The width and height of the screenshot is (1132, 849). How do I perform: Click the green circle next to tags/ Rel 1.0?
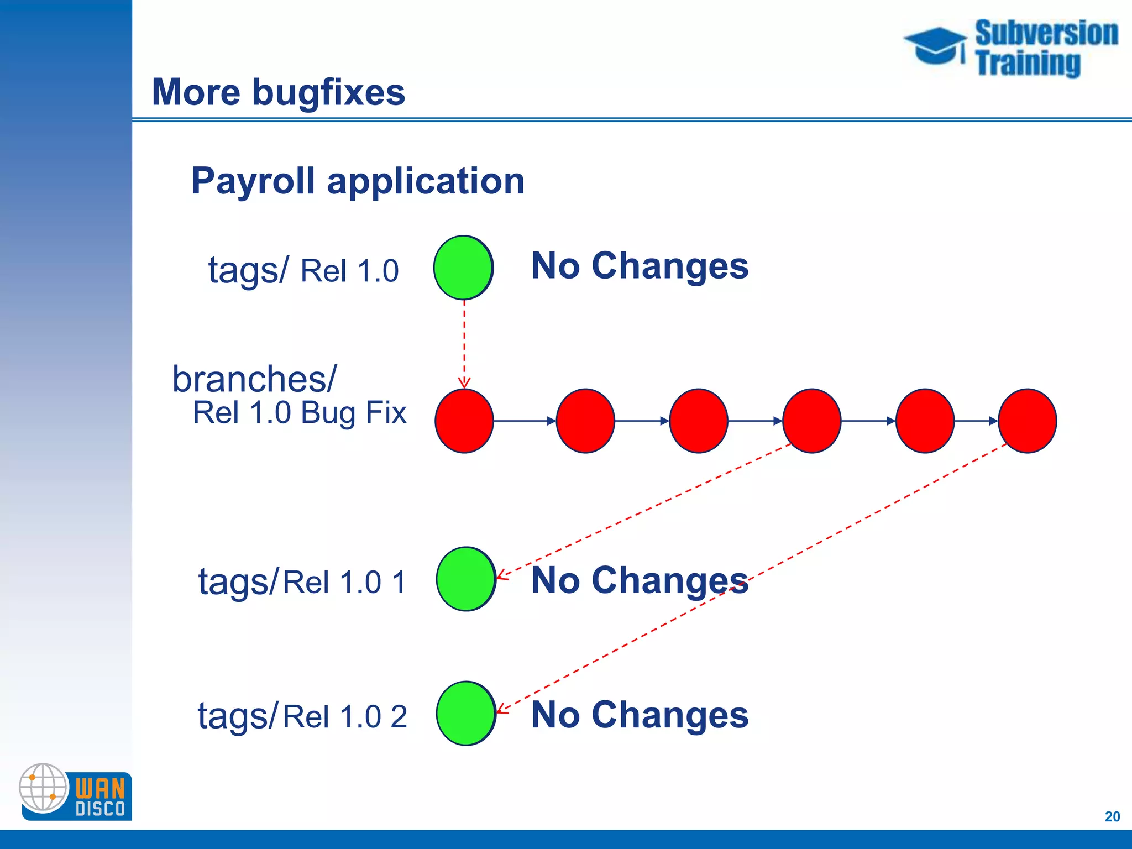[x=463, y=268]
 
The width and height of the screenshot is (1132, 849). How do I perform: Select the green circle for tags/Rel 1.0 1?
[x=465, y=579]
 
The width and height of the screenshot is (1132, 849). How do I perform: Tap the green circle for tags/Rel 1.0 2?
[x=465, y=713]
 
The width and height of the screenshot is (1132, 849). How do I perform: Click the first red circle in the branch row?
[x=464, y=421]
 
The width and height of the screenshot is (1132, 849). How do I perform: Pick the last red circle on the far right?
[x=1028, y=421]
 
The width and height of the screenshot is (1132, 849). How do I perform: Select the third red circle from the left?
[x=699, y=421]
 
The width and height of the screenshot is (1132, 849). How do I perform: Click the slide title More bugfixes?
[x=278, y=92]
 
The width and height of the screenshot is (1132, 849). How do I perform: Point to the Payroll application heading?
[x=358, y=181]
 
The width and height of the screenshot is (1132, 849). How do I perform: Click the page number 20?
[x=1112, y=816]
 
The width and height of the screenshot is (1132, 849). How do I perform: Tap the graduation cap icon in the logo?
[x=935, y=45]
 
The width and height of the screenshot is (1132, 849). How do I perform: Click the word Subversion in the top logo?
[x=1046, y=33]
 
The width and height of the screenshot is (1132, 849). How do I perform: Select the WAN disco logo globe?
[x=43, y=787]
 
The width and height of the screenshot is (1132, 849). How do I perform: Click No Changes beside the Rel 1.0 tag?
[x=640, y=266]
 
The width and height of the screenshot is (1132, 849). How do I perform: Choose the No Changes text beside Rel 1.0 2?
[x=640, y=715]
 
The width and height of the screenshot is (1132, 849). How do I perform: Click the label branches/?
[x=254, y=379]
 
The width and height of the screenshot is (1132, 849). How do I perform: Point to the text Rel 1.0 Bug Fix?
[x=299, y=413]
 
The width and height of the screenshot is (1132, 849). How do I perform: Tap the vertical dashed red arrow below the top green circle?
[x=464, y=343]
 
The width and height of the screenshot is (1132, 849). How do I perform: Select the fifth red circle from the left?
[x=925, y=421]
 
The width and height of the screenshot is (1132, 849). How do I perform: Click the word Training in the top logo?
[x=1028, y=62]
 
